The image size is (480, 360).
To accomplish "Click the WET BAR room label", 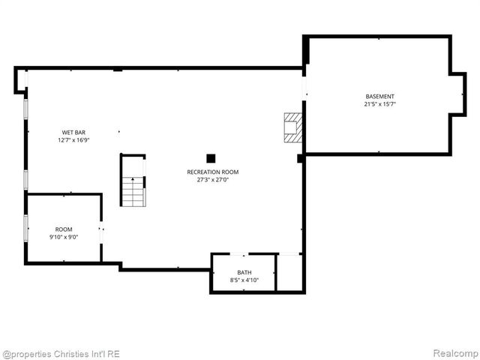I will (73, 132).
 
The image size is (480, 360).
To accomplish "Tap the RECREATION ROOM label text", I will (213, 172).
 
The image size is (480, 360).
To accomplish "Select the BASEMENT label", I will (379, 96).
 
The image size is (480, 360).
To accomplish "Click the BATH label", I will (244, 272).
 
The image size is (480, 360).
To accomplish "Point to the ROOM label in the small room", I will (64, 229).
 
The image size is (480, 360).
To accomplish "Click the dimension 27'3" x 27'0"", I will (213, 180).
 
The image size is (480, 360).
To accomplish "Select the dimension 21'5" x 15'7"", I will (379, 104).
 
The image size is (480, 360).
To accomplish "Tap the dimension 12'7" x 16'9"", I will (73, 140).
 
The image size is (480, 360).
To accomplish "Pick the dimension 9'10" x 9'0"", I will (64, 237).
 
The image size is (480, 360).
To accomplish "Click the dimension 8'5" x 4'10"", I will (244, 280).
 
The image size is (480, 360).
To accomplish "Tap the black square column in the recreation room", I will (211, 158).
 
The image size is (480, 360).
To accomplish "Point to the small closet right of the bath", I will (289, 272).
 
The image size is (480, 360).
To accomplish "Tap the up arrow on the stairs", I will (133, 180).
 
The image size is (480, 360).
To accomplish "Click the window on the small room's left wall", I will (26, 228).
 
